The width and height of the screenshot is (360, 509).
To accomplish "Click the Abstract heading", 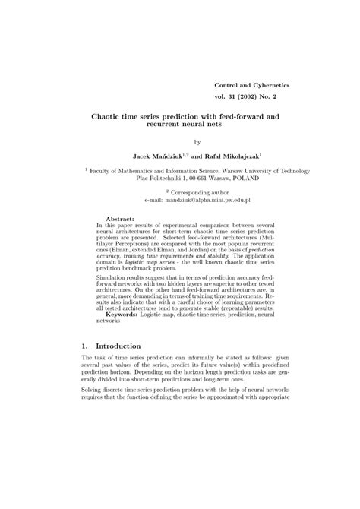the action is tap(119, 217).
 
